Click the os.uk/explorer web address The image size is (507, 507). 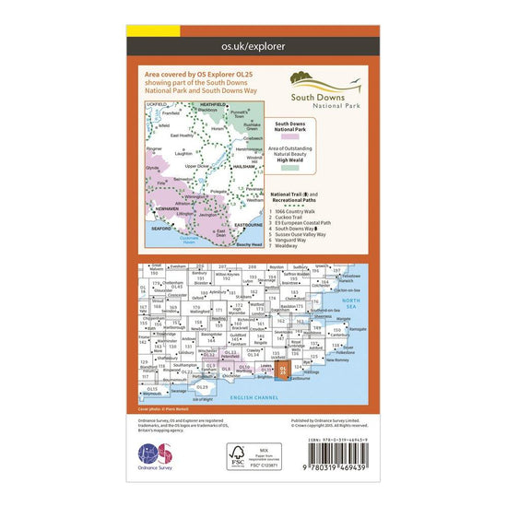pos(253,43)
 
